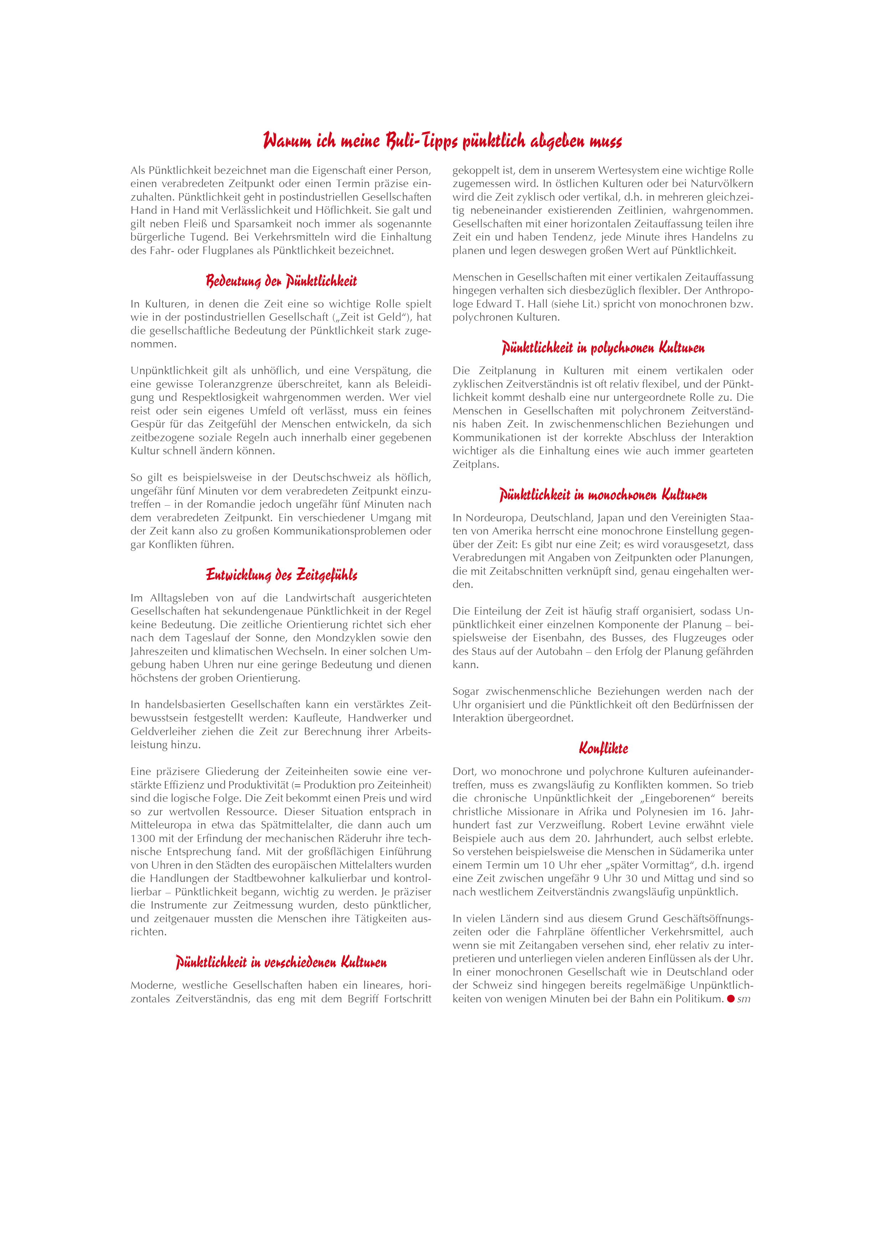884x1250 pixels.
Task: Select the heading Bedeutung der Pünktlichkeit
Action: pyautogui.click(x=281, y=281)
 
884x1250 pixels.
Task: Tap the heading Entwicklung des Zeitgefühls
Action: pyautogui.click(x=281, y=575)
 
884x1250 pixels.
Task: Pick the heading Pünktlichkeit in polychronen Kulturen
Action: pyautogui.click(x=603, y=348)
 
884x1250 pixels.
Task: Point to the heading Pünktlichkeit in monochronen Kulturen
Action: pyautogui.click(x=603, y=495)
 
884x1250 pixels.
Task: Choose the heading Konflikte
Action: pyautogui.click(x=603, y=749)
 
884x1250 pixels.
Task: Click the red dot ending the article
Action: pyautogui.click(x=731, y=998)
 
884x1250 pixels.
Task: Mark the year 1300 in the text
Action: pyautogui.click(x=142, y=838)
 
